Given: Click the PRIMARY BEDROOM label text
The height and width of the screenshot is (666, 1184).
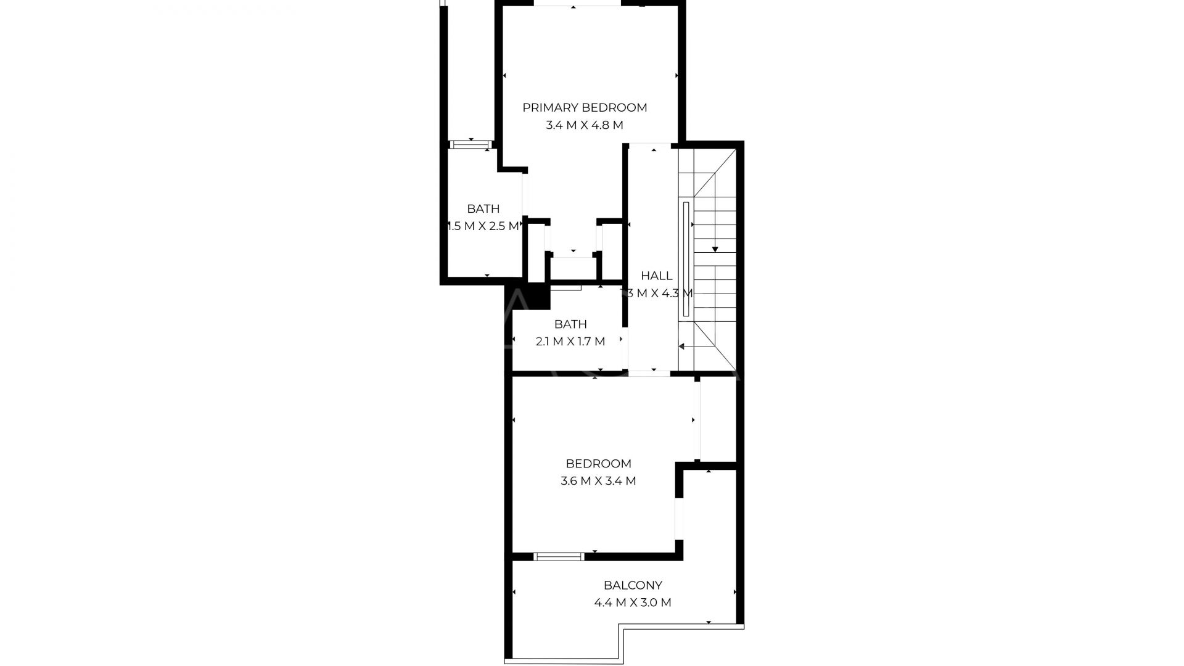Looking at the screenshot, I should [x=585, y=107].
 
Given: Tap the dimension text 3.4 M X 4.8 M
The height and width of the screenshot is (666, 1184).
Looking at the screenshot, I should [x=585, y=125].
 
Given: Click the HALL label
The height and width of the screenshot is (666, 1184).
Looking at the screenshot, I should [x=656, y=276].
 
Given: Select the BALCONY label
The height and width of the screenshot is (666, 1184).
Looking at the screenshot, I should [x=633, y=585].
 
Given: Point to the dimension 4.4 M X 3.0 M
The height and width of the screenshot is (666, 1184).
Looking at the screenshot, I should [x=633, y=602].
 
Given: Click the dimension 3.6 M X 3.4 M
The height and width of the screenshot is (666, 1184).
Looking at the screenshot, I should [x=598, y=481].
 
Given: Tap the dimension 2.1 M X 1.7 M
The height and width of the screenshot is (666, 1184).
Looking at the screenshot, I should [x=570, y=342].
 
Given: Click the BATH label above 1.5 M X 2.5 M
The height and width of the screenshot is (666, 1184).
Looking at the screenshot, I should [x=483, y=208].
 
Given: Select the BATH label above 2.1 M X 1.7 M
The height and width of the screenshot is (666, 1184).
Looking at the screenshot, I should [x=570, y=324].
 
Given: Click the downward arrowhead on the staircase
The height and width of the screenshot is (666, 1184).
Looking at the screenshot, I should [x=715, y=249].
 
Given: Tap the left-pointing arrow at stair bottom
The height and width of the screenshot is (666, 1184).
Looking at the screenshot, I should [x=682, y=347].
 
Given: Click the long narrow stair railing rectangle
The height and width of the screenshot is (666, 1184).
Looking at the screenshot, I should [x=686, y=259].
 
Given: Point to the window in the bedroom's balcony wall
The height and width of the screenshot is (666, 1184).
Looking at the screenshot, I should [x=559, y=557].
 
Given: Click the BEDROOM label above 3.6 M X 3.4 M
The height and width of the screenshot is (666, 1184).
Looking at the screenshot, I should [x=598, y=464].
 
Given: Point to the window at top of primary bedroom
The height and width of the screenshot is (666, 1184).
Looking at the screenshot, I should [x=577, y=3].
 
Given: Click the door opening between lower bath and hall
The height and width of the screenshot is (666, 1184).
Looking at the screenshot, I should [x=625, y=348].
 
